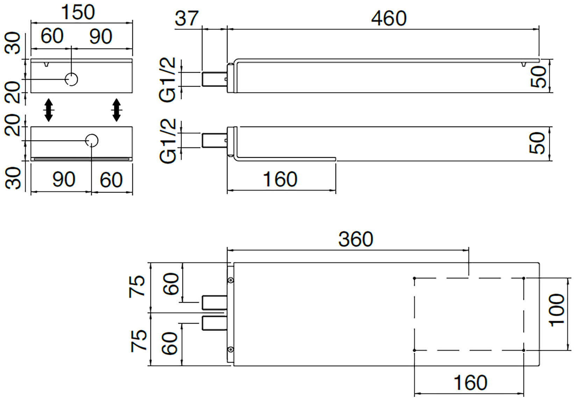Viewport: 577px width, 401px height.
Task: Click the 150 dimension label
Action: point(78,12)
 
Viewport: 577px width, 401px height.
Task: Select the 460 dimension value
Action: point(389,18)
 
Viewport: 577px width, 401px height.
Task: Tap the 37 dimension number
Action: point(186,18)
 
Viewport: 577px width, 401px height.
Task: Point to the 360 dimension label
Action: point(356,239)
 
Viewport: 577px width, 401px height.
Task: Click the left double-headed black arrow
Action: point(49,110)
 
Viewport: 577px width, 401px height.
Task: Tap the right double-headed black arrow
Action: point(116,110)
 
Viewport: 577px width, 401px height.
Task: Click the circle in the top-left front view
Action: point(72,79)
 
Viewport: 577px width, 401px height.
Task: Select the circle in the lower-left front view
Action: point(92,140)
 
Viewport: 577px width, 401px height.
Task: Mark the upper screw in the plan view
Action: point(230,280)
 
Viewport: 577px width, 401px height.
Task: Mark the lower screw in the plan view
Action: point(230,349)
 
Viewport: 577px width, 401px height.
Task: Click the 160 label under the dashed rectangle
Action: point(470,382)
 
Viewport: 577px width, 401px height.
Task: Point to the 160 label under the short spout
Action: point(280,179)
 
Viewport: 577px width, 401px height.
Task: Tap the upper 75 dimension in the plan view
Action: point(137,286)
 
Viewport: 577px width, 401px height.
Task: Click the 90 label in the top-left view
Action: point(100,36)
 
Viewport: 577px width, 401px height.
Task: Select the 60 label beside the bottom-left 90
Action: point(111,180)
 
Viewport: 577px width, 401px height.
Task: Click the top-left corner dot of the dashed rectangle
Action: point(414,278)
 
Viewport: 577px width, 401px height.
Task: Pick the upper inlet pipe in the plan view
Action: point(214,302)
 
